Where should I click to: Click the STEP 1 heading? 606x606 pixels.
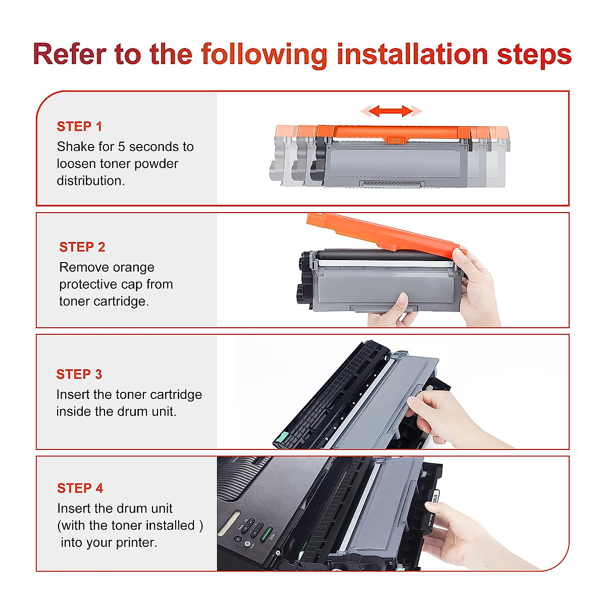(79, 126)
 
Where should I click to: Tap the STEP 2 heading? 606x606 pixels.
(82, 247)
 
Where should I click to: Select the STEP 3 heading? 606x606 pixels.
(79, 374)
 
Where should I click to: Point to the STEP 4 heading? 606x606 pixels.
(80, 488)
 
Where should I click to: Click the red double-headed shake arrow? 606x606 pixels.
(390, 111)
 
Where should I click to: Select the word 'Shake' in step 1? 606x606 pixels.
(74, 146)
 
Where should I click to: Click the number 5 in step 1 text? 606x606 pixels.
(122, 147)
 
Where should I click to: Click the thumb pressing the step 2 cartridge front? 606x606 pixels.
(402, 303)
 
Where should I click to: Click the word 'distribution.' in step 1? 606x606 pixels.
(91, 181)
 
